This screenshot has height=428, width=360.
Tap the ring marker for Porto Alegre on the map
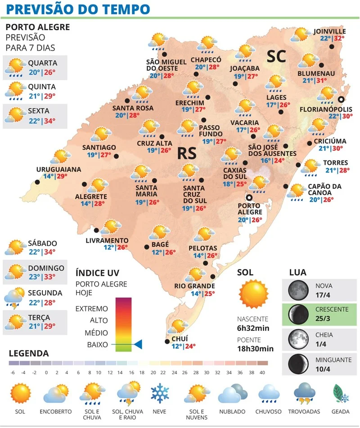point(248,197)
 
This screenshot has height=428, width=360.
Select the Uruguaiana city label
point(58,169)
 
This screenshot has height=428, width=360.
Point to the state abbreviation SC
point(276,56)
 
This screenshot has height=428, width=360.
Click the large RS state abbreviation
point(185,153)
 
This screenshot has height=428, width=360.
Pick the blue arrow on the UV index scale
point(137,345)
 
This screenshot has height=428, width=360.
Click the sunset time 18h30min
point(255,348)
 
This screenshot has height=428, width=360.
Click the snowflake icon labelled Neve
point(160,393)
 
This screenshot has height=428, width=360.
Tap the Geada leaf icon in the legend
point(341,393)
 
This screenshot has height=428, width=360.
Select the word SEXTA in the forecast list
point(39,111)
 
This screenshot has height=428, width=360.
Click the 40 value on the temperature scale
point(262,372)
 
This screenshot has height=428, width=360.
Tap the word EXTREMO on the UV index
point(92,309)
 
